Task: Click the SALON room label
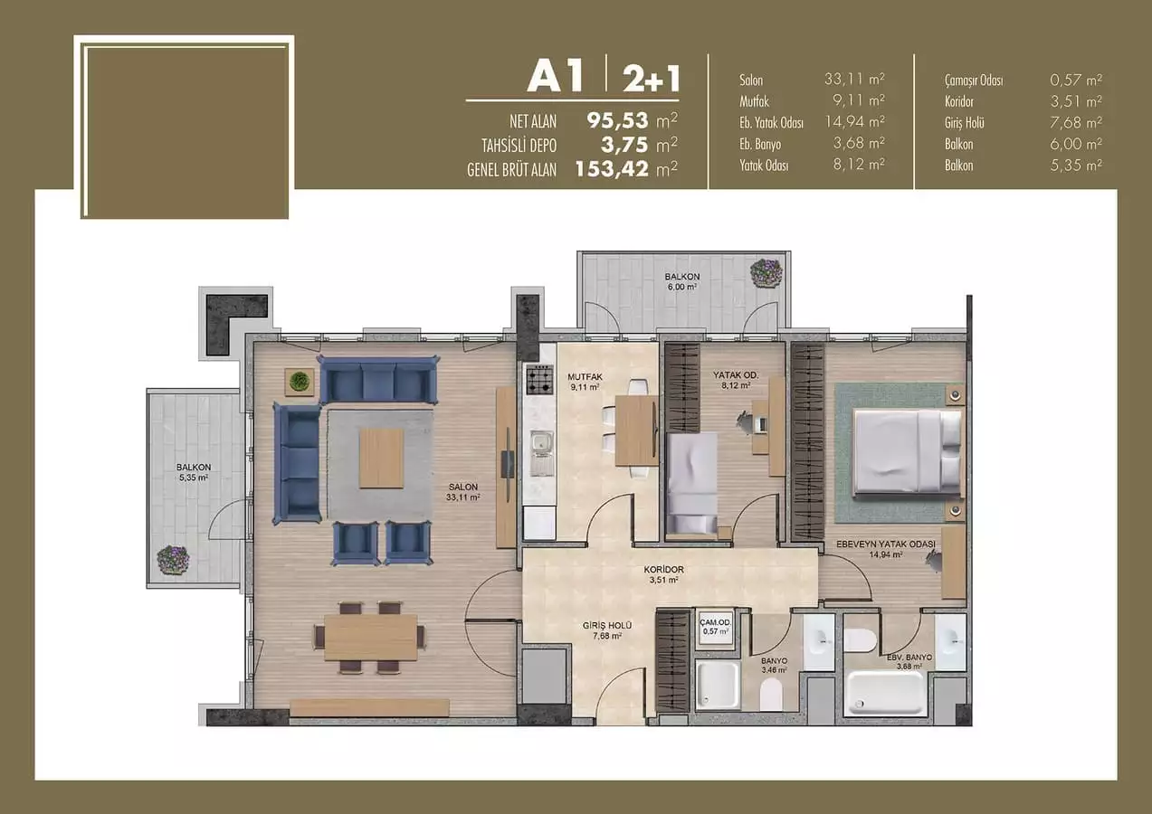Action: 462,487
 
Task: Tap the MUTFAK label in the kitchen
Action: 585,376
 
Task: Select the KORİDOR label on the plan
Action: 663,570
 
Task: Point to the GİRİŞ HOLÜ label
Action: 607,625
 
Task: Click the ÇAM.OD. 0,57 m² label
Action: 715,627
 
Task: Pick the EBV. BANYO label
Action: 909,658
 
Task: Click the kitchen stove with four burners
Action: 539,379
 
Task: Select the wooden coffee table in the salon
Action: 381,459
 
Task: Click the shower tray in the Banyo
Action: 718,685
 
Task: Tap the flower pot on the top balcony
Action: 766,272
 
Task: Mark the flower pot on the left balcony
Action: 173,560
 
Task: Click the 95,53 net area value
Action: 618,120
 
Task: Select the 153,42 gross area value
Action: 612,168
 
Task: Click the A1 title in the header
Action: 556,77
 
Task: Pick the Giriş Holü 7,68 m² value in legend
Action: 1076,123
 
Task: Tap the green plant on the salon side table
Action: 300,382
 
